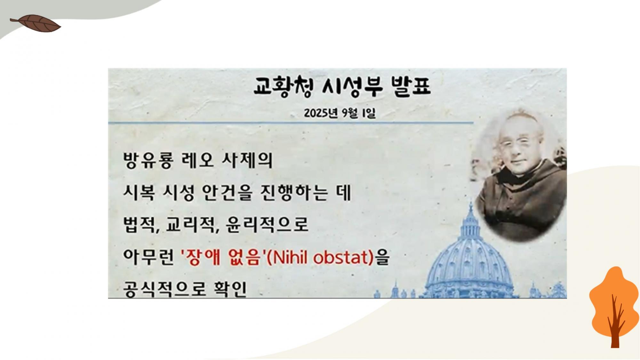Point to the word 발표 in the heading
pos(411,87)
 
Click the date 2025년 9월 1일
pos(340,113)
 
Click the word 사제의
pos(247,160)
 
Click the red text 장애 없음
pos(221,257)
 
